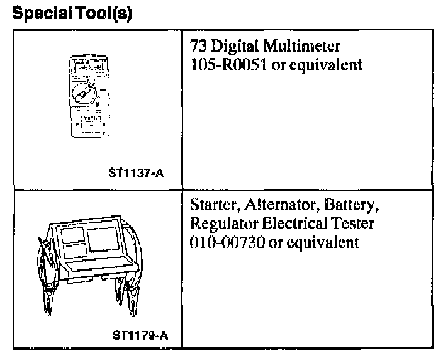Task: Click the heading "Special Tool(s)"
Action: click(x=72, y=13)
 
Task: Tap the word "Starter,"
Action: click(x=211, y=206)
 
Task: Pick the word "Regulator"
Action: click(x=221, y=225)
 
